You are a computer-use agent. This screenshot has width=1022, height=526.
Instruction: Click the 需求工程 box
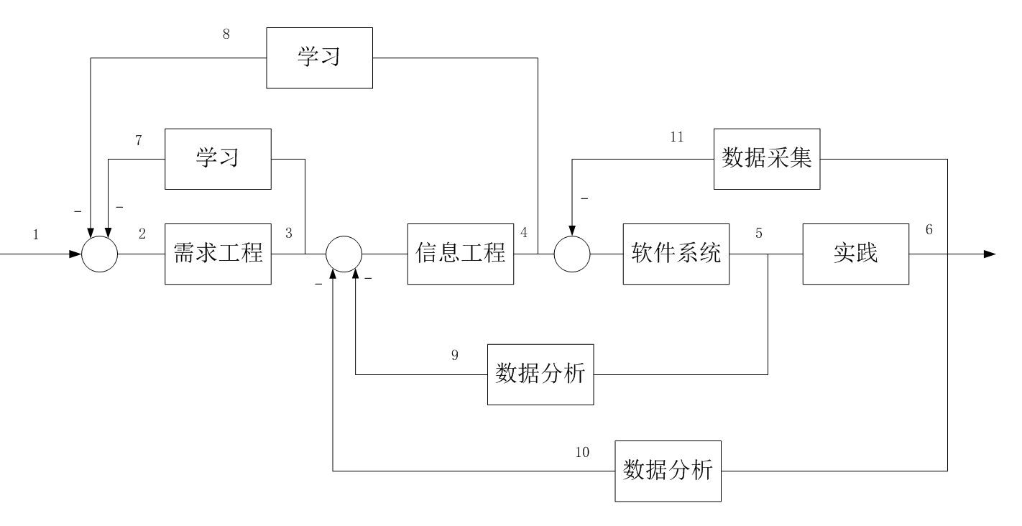[x=218, y=254]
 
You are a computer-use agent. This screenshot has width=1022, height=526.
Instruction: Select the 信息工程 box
[x=461, y=254]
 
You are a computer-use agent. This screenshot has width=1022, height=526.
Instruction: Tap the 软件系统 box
[x=676, y=254]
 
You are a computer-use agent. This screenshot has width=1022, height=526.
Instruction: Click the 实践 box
[x=855, y=254]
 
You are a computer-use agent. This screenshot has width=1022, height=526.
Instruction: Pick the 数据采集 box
[x=767, y=159]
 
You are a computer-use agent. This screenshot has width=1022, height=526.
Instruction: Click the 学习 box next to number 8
[x=319, y=57]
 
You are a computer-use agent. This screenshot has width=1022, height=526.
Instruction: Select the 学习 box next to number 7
[x=218, y=159]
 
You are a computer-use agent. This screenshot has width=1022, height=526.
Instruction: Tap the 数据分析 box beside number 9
[x=540, y=374]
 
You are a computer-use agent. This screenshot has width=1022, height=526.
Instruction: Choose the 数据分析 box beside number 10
[x=668, y=471]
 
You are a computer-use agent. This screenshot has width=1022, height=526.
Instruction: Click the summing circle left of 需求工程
[x=99, y=254]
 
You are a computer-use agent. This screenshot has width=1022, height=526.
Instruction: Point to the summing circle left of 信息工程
[x=344, y=254]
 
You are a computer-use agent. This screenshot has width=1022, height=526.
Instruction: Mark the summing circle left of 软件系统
[x=572, y=254]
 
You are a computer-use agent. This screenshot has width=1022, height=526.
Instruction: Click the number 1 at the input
[x=36, y=234]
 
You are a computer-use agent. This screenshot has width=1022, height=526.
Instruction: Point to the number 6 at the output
[x=929, y=230]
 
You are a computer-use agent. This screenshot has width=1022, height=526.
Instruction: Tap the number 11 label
[x=676, y=137]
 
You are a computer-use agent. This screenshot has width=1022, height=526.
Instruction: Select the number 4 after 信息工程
[x=524, y=233]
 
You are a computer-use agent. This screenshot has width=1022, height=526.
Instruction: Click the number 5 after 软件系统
[x=759, y=233]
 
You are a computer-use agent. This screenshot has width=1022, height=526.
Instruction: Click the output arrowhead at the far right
[x=990, y=254]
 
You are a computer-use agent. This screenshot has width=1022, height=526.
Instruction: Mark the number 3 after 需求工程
[x=289, y=233]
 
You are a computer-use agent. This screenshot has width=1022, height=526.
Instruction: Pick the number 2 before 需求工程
[x=142, y=234]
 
